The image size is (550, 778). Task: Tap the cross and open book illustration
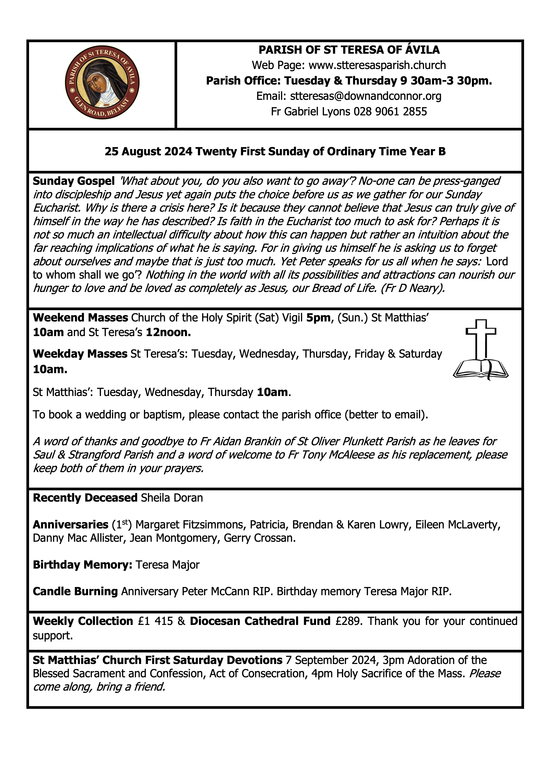pyautogui.click(x=481, y=350)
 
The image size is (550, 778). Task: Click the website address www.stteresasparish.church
pyautogui.click(x=377, y=65)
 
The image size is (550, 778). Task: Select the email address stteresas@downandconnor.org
pyautogui.click(x=366, y=96)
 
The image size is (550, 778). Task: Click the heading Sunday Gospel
pyautogui.click(x=73, y=181)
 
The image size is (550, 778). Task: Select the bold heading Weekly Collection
pyautogui.click(x=83, y=621)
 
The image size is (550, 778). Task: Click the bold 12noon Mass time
pyautogui.click(x=168, y=332)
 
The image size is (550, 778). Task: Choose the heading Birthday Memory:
pyautogui.click(x=82, y=565)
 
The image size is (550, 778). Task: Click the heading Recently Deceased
pyautogui.click(x=85, y=498)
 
